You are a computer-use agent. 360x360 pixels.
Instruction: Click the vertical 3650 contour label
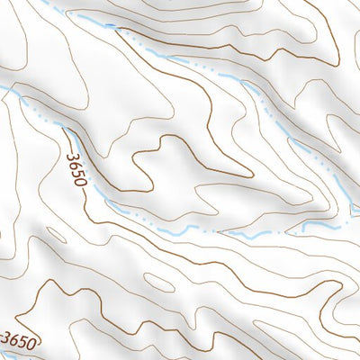(76, 168)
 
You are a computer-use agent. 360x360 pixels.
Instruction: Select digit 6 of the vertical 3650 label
(75, 164)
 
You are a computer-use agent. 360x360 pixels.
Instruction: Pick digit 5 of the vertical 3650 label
(77, 172)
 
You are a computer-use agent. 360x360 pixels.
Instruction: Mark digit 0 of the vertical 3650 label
(80, 181)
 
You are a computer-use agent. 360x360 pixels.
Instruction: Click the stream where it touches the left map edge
(2, 87)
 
